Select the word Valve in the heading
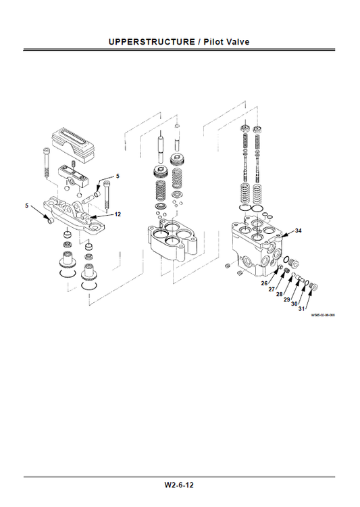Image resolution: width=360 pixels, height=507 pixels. click(236, 42)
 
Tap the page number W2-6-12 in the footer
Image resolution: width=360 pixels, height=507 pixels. click(180, 485)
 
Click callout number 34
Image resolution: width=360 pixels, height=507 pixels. click(298, 231)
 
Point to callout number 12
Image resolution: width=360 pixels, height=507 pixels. click(118, 214)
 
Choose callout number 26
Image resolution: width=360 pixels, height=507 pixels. click(264, 283)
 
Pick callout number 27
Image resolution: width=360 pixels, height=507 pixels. click(272, 289)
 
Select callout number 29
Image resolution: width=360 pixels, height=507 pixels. click(286, 299)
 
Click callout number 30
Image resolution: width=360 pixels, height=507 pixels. click(294, 304)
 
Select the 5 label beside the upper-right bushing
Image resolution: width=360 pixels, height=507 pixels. click(117, 176)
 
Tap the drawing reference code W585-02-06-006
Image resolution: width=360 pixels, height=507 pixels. click(322, 315)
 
